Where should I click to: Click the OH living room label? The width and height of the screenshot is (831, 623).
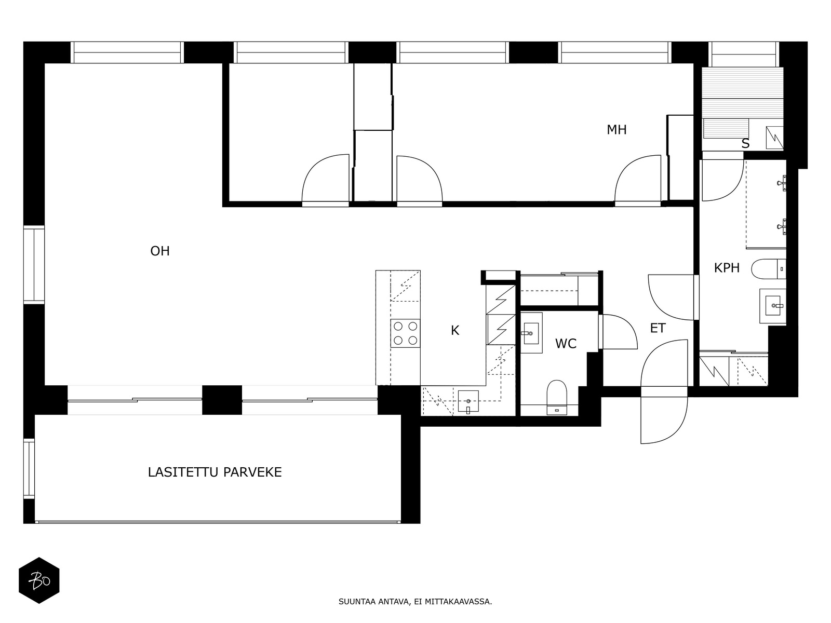coord(160,251)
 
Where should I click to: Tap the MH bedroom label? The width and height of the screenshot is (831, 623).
coord(616,130)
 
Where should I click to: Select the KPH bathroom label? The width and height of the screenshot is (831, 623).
coord(727,268)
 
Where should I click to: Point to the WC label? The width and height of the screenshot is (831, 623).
coord(566,344)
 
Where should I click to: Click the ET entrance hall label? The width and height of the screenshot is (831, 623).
coord(658,328)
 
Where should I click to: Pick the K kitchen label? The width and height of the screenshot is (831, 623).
coord(454,331)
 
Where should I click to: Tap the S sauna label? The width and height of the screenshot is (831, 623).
coord(745,144)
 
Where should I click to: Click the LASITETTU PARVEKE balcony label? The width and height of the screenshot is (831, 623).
coord(215,472)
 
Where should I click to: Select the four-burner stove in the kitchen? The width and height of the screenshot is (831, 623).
coord(405,333)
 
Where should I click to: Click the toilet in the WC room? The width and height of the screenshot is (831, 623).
coord(557,397)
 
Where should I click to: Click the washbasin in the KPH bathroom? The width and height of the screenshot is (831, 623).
coord(773,306)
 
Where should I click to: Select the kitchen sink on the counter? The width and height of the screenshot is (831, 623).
coord(468,401)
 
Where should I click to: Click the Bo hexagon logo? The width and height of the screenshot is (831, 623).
coord(39,580)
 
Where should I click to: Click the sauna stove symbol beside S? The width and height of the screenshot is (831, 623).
coord(774,137)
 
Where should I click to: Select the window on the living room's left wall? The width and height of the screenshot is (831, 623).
coord(34,265)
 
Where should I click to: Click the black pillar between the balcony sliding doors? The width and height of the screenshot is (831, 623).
coord(222,400)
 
